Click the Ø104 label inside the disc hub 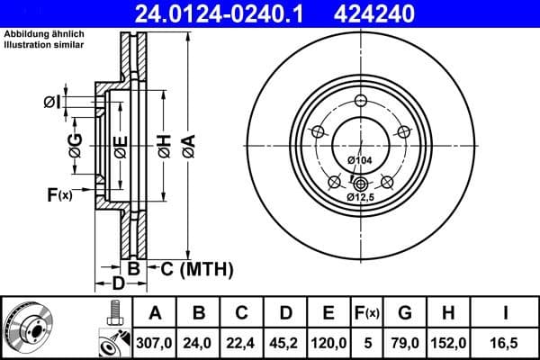359,160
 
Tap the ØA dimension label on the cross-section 187,143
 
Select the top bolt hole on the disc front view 359,101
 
